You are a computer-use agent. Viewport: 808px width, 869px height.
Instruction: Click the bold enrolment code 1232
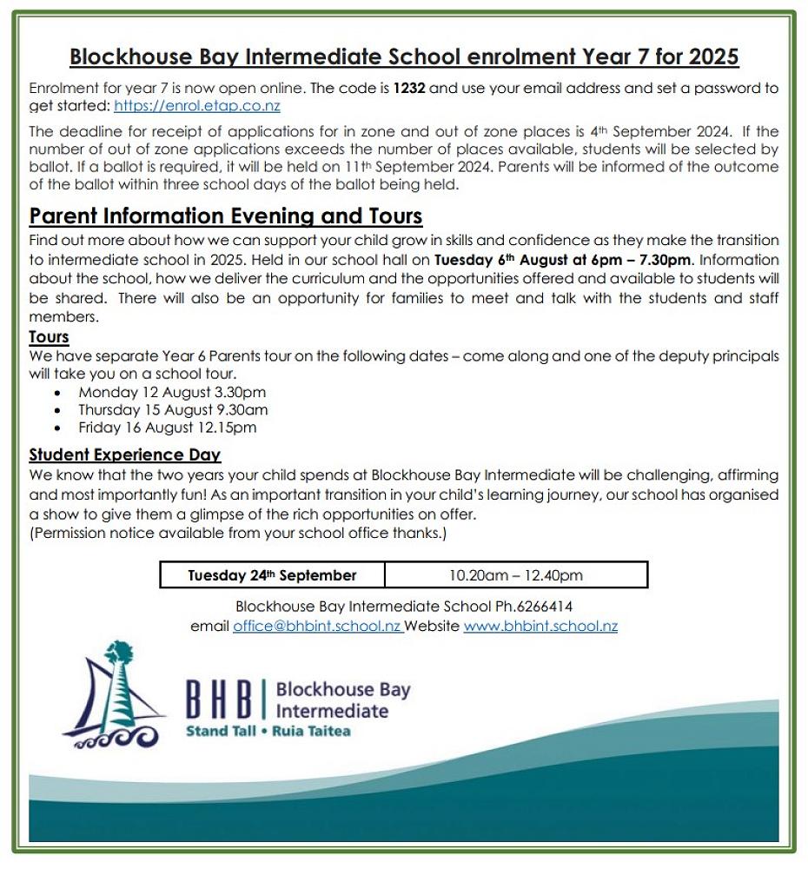tap(409, 89)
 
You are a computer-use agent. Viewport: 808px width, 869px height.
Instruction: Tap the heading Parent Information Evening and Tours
tap(226, 216)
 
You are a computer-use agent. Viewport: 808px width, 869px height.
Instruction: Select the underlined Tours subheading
tap(49, 336)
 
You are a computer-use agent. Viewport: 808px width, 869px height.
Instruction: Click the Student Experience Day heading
tap(124, 454)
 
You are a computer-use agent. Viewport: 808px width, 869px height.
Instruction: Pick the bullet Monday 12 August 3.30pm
tap(172, 392)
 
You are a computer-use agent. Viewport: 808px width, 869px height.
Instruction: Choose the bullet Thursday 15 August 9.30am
tap(173, 409)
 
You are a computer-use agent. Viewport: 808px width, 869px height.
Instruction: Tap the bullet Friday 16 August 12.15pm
tap(167, 428)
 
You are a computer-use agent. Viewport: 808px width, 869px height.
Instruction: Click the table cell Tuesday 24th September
tap(272, 575)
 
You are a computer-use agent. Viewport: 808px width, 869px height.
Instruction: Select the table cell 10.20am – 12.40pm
tap(515, 575)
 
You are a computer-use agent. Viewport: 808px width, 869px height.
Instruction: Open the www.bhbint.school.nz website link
tap(540, 626)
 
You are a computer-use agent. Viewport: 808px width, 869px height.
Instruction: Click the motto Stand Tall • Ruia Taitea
tap(268, 732)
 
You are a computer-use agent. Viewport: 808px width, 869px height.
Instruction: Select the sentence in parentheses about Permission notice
tap(238, 533)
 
